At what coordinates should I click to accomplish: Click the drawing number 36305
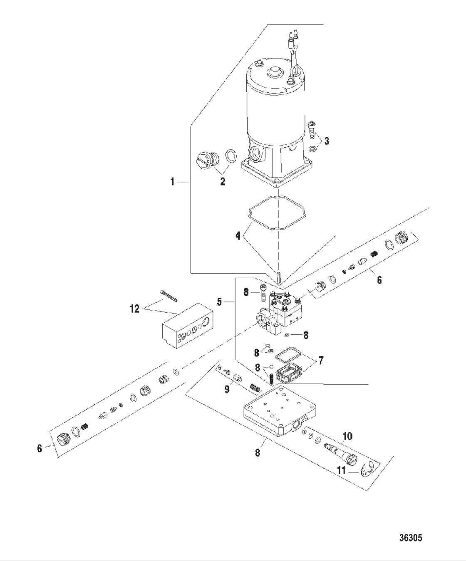pyautogui.click(x=410, y=538)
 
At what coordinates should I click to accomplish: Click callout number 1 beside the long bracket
pyautogui.click(x=173, y=182)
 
